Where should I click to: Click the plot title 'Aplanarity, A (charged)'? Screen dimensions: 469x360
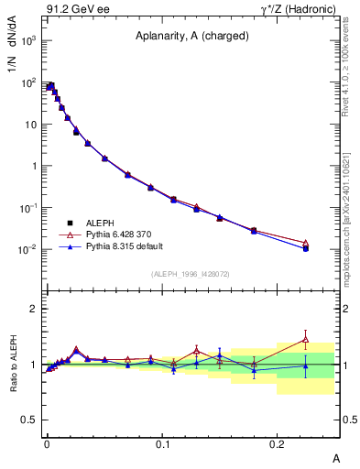190,38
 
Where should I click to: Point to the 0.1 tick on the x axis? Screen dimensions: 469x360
162,442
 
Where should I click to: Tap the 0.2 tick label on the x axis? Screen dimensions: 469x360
278,442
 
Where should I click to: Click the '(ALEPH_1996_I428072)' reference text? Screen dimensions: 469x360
190,274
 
